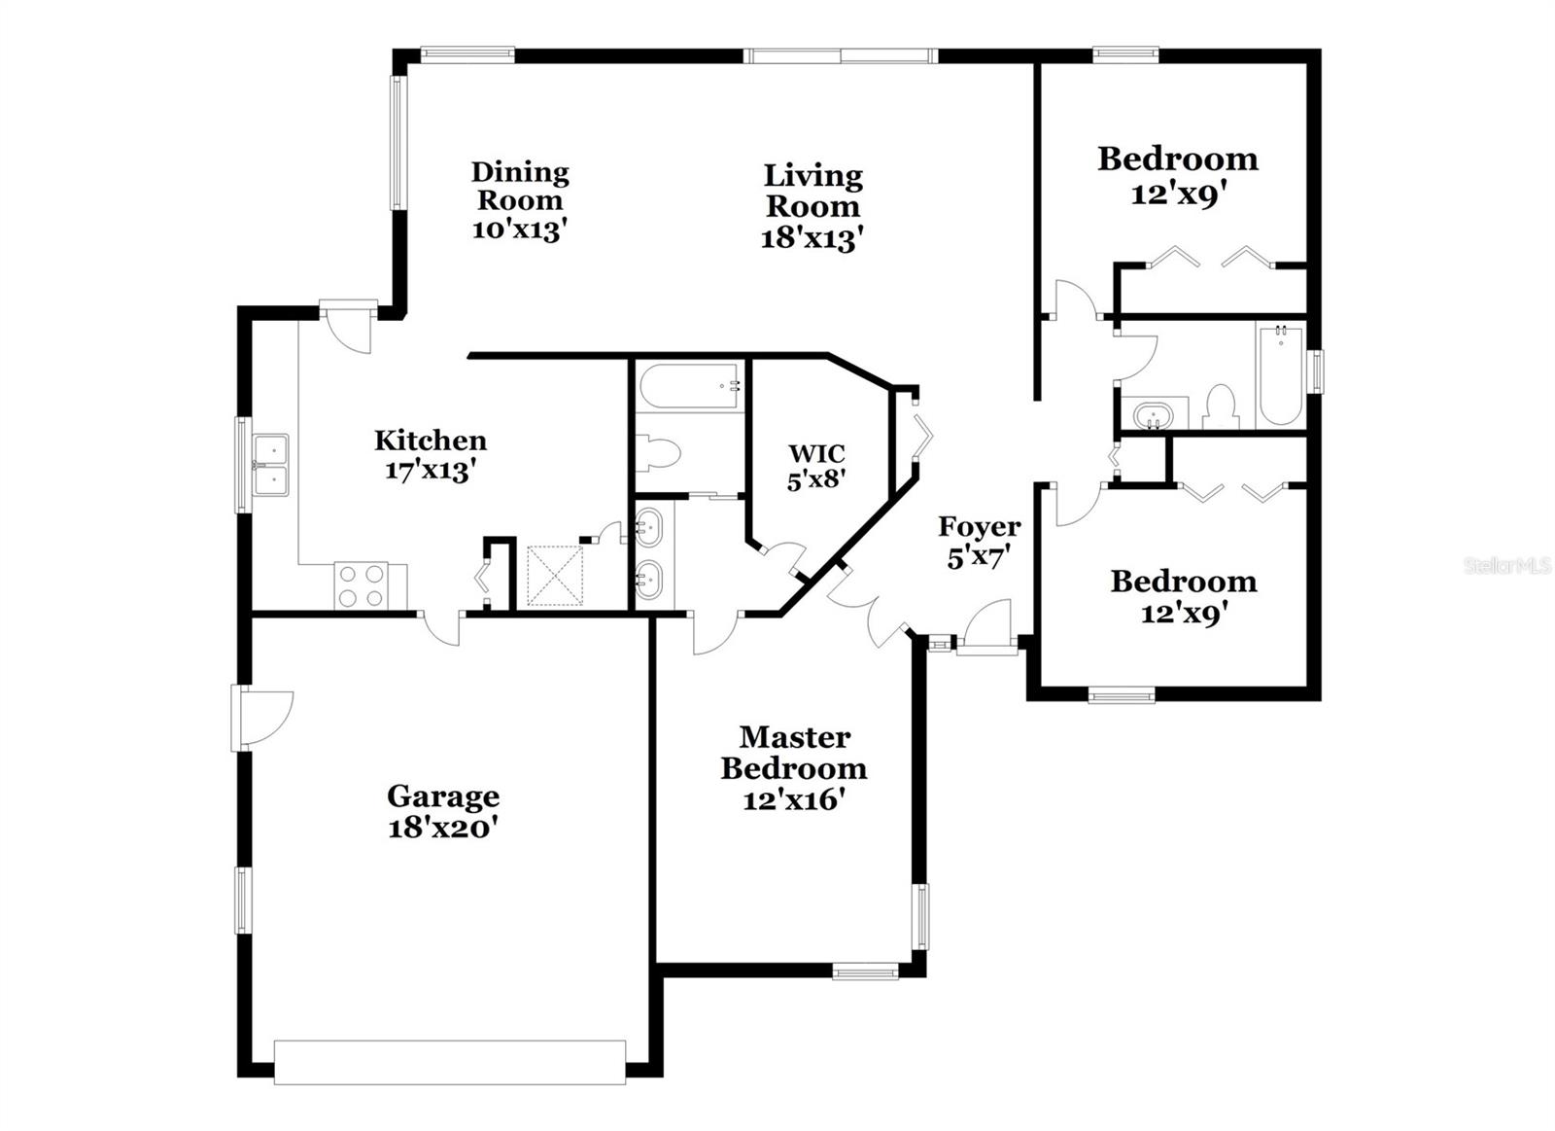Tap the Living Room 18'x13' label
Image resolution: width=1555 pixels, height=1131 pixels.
(x=812, y=206)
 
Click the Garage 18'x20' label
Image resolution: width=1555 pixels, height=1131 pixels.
(x=443, y=812)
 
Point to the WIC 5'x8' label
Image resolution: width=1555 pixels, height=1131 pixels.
(x=816, y=466)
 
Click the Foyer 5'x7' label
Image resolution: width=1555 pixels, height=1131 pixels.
(x=979, y=542)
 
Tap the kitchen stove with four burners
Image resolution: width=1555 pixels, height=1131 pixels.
(x=361, y=585)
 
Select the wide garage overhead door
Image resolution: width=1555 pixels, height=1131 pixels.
(x=449, y=1062)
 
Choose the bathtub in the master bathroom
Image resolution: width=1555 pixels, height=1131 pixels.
(x=688, y=386)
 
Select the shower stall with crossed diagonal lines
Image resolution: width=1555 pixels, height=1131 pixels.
(x=555, y=577)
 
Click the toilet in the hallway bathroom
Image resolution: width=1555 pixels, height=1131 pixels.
(x=1219, y=407)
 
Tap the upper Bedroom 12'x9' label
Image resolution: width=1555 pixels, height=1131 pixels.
(x=1177, y=175)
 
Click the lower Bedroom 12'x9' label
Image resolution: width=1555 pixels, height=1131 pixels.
(x=1183, y=596)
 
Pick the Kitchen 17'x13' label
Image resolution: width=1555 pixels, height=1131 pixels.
(x=431, y=455)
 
